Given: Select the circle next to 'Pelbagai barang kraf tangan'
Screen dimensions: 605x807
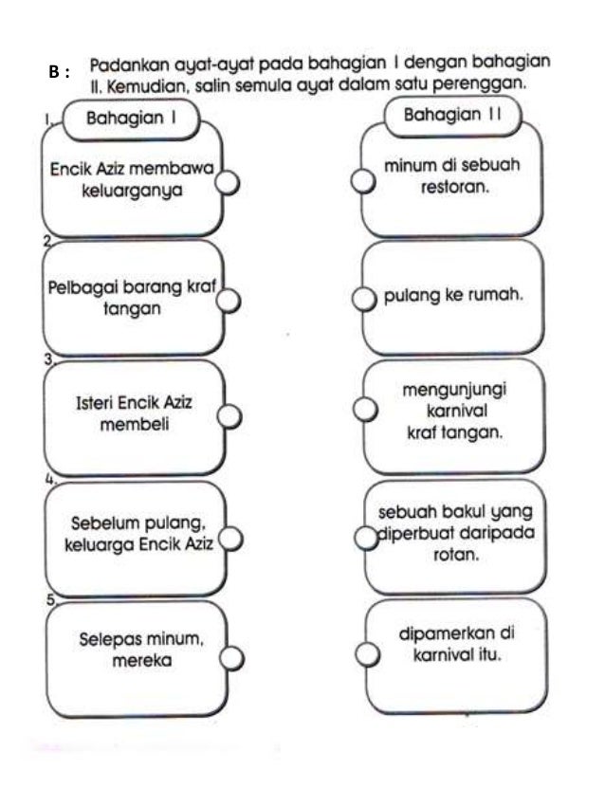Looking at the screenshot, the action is pos(229,300).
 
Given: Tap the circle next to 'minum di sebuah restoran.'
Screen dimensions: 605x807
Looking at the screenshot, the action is pos(361,181).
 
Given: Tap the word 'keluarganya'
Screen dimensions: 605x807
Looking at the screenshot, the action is pos(133,189).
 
